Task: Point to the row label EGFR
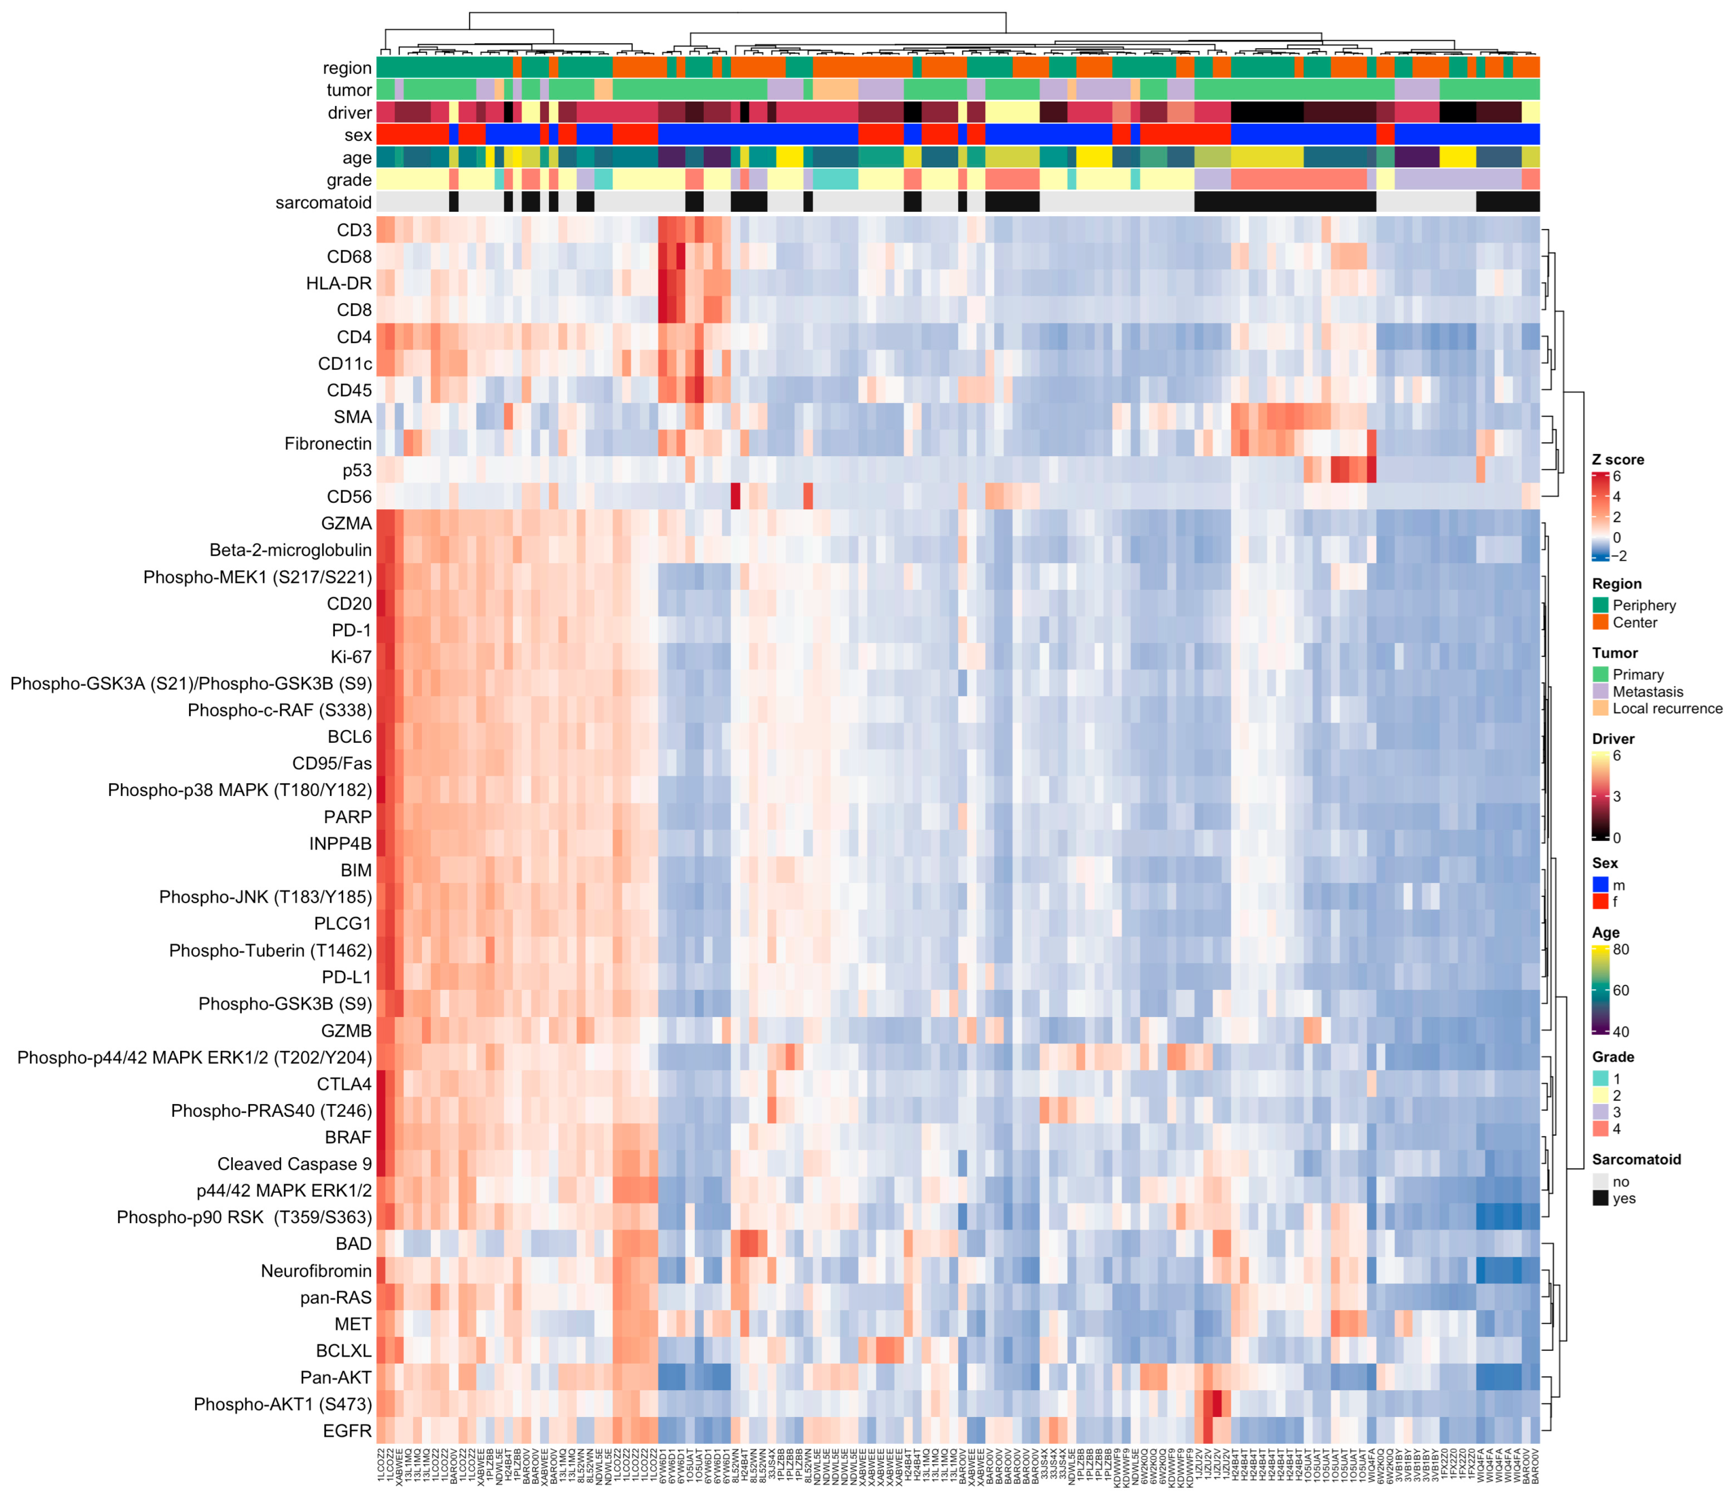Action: click(x=347, y=1431)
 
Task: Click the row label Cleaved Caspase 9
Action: click(x=294, y=1164)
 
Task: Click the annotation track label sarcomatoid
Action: click(x=323, y=203)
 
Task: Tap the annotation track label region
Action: click(x=347, y=68)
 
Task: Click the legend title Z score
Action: click(x=1617, y=459)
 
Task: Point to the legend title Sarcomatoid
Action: click(x=1636, y=1159)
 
